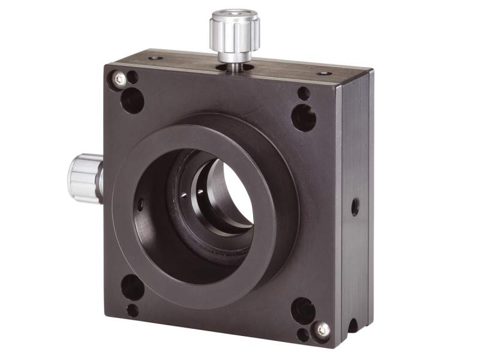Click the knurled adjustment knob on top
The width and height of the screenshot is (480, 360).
(x=235, y=30)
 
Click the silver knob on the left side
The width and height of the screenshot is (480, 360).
(x=85, y=178)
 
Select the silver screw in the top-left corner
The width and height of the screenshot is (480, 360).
(x=120, y=79)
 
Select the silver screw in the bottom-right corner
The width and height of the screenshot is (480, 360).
(x=322, y=329)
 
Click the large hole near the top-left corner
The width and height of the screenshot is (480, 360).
(x=132, y=100)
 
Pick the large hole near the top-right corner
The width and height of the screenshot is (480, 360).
(x=303, y=118)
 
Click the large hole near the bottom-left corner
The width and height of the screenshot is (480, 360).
(x=132, y=287)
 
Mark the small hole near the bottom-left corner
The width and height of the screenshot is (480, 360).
(x=132, y=310)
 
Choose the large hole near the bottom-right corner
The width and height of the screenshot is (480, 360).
(x=302, y=310)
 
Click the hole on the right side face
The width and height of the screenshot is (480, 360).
(x=355, y=207)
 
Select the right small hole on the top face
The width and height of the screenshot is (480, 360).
(x=324, y=73)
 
